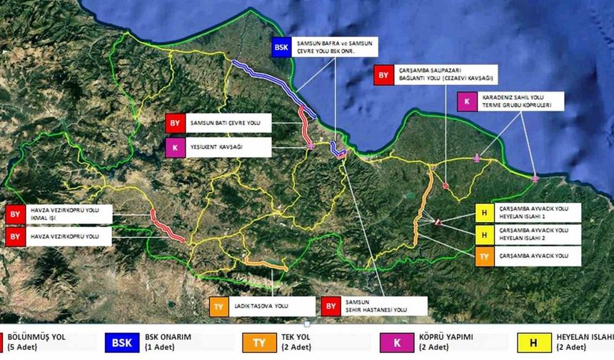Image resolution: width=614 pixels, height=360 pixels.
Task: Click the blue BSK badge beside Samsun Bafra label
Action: tap(281, 49)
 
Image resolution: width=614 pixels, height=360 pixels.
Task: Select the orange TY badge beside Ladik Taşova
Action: tap(218, 307)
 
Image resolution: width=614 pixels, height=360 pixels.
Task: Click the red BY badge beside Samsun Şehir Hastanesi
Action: tap(331, 307)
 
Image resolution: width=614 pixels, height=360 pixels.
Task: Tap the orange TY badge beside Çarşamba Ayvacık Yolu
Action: tap(484, 256)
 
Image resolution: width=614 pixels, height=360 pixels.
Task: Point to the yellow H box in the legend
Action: tap(553, 342)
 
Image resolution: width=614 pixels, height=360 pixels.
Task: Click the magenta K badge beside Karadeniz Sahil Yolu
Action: tap(466, 101)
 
